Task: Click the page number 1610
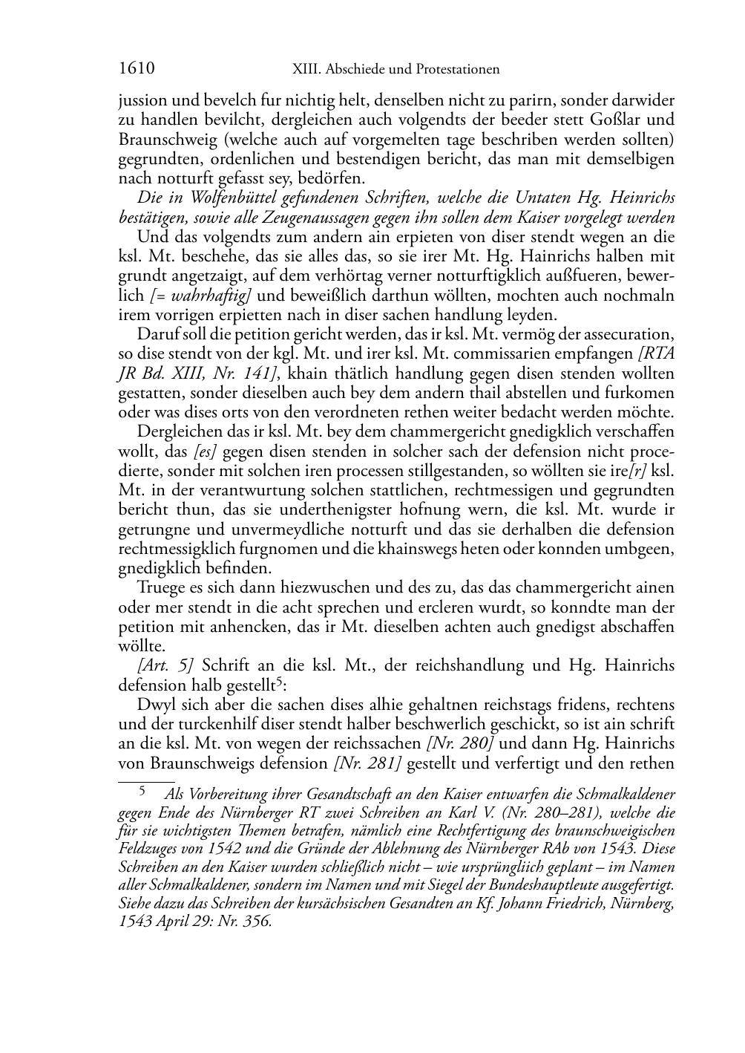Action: pyautogui.click(x=137, y=69)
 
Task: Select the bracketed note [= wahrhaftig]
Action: pyautogui.click(x=200, y=296)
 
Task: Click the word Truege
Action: pyautogui.click(x=159, y=587)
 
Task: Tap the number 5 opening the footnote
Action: pyautogui.click(x=145, y=792)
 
